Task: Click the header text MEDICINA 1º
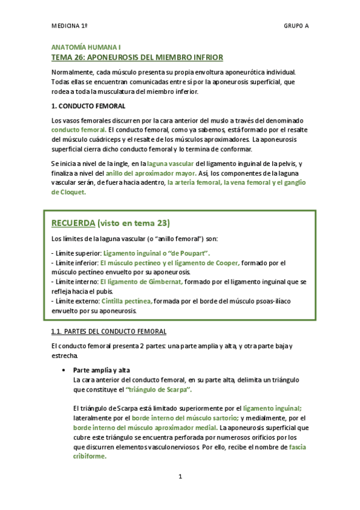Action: [x=70, y=26]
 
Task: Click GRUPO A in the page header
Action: [x=296, y=26]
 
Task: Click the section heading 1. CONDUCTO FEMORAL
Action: [x=88, y=106]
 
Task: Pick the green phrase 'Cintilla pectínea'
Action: [x=127, y=301]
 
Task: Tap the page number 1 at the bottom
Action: [x=180, y=477]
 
